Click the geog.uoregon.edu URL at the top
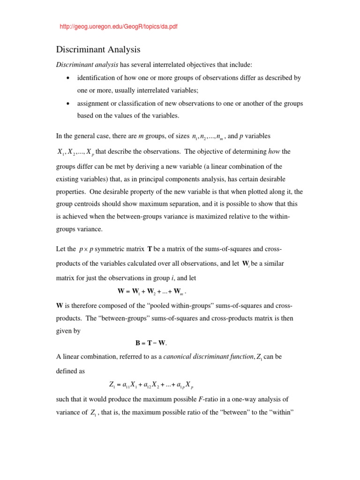[119, 27]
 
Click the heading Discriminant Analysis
[98, 49]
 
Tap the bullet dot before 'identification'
[68, 78]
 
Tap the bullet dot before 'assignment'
[68, 104]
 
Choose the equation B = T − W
[151, 343]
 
